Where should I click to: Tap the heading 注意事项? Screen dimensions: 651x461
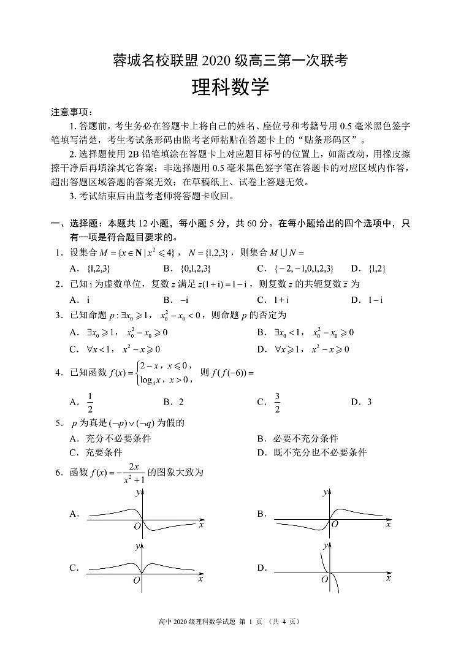pos(71,112)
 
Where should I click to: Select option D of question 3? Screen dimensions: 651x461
pos(311,349)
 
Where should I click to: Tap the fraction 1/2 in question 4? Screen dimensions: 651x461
pos(91,402)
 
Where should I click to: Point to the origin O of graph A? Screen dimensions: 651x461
pos(137,526)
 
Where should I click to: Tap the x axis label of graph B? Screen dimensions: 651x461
pos(388,525)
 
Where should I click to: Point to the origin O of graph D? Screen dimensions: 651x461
pos(323,579)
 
